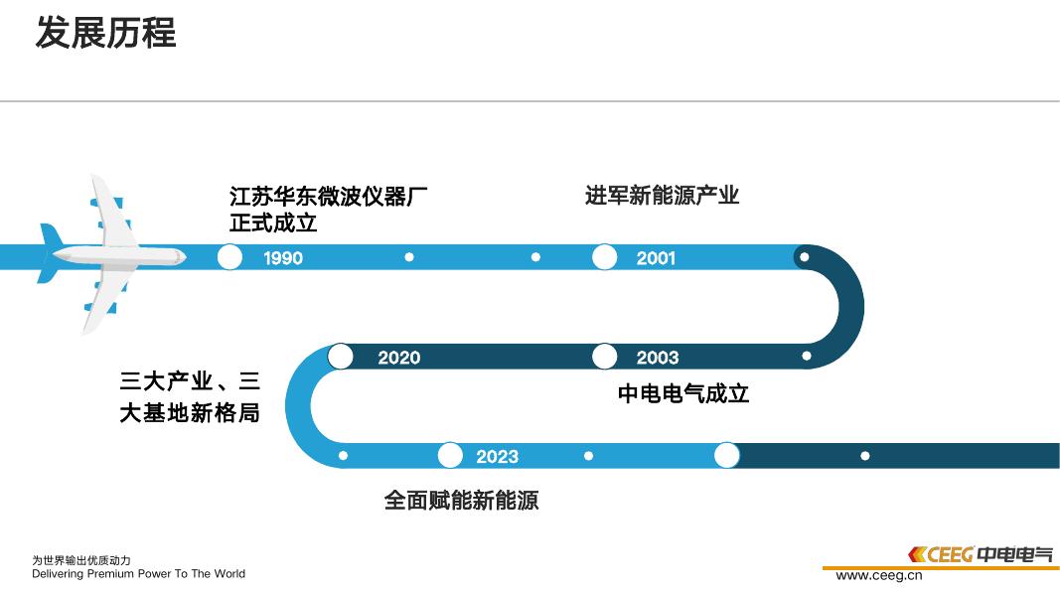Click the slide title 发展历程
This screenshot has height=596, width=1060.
tap(105, 33)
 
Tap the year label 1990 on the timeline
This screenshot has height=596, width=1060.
tap(283, 258)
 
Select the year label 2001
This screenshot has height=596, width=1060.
tap(656, 258)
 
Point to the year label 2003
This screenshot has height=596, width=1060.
tap(657, 358)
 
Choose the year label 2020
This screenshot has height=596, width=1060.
tap(398, 358)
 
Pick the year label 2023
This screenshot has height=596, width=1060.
tap(497, 457)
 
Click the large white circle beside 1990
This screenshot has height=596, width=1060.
tap(229, 257)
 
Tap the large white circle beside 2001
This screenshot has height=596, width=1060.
tap(604, 257)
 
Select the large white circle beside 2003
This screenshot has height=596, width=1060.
tap(604, 357)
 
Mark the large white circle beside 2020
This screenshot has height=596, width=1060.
tap(341, 357)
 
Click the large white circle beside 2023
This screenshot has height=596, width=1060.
tap(450, 456)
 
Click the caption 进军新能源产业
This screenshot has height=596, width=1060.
tap(662, 196)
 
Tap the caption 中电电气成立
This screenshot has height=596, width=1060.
tap(683, 394)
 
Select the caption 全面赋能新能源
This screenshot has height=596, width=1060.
tap(461, 501)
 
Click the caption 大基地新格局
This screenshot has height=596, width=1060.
tap(190, 413)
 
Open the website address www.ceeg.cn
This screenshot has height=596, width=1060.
tap(879, 575)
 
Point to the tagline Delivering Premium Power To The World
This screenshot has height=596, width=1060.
tap(138, 574)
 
